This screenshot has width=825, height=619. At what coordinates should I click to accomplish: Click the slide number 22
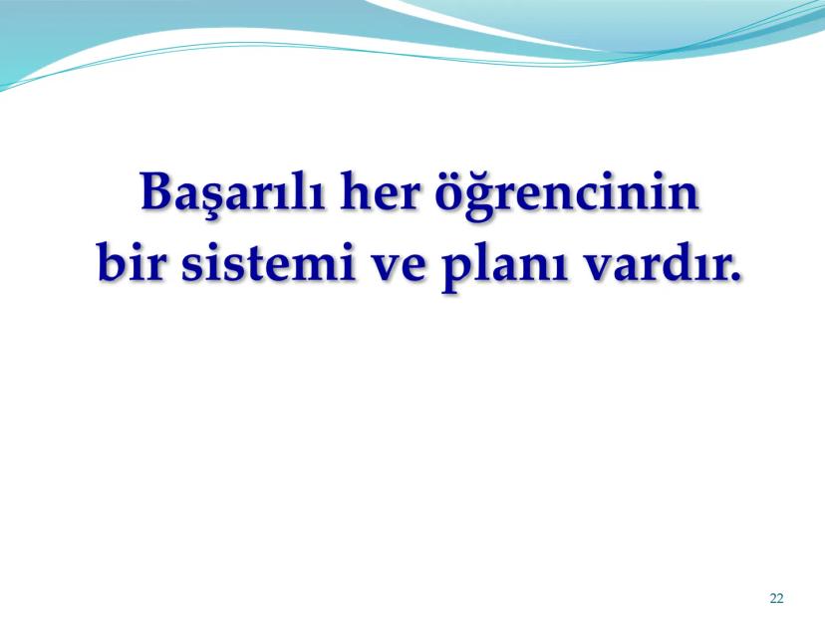coord(776,598)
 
